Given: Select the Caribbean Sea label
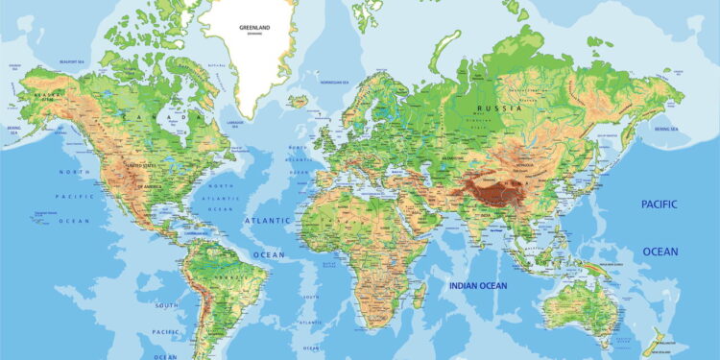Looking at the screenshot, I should pyautogui.click(x=195, y=231).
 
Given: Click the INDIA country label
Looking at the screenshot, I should pyautogui.click(x=484, y=214).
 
